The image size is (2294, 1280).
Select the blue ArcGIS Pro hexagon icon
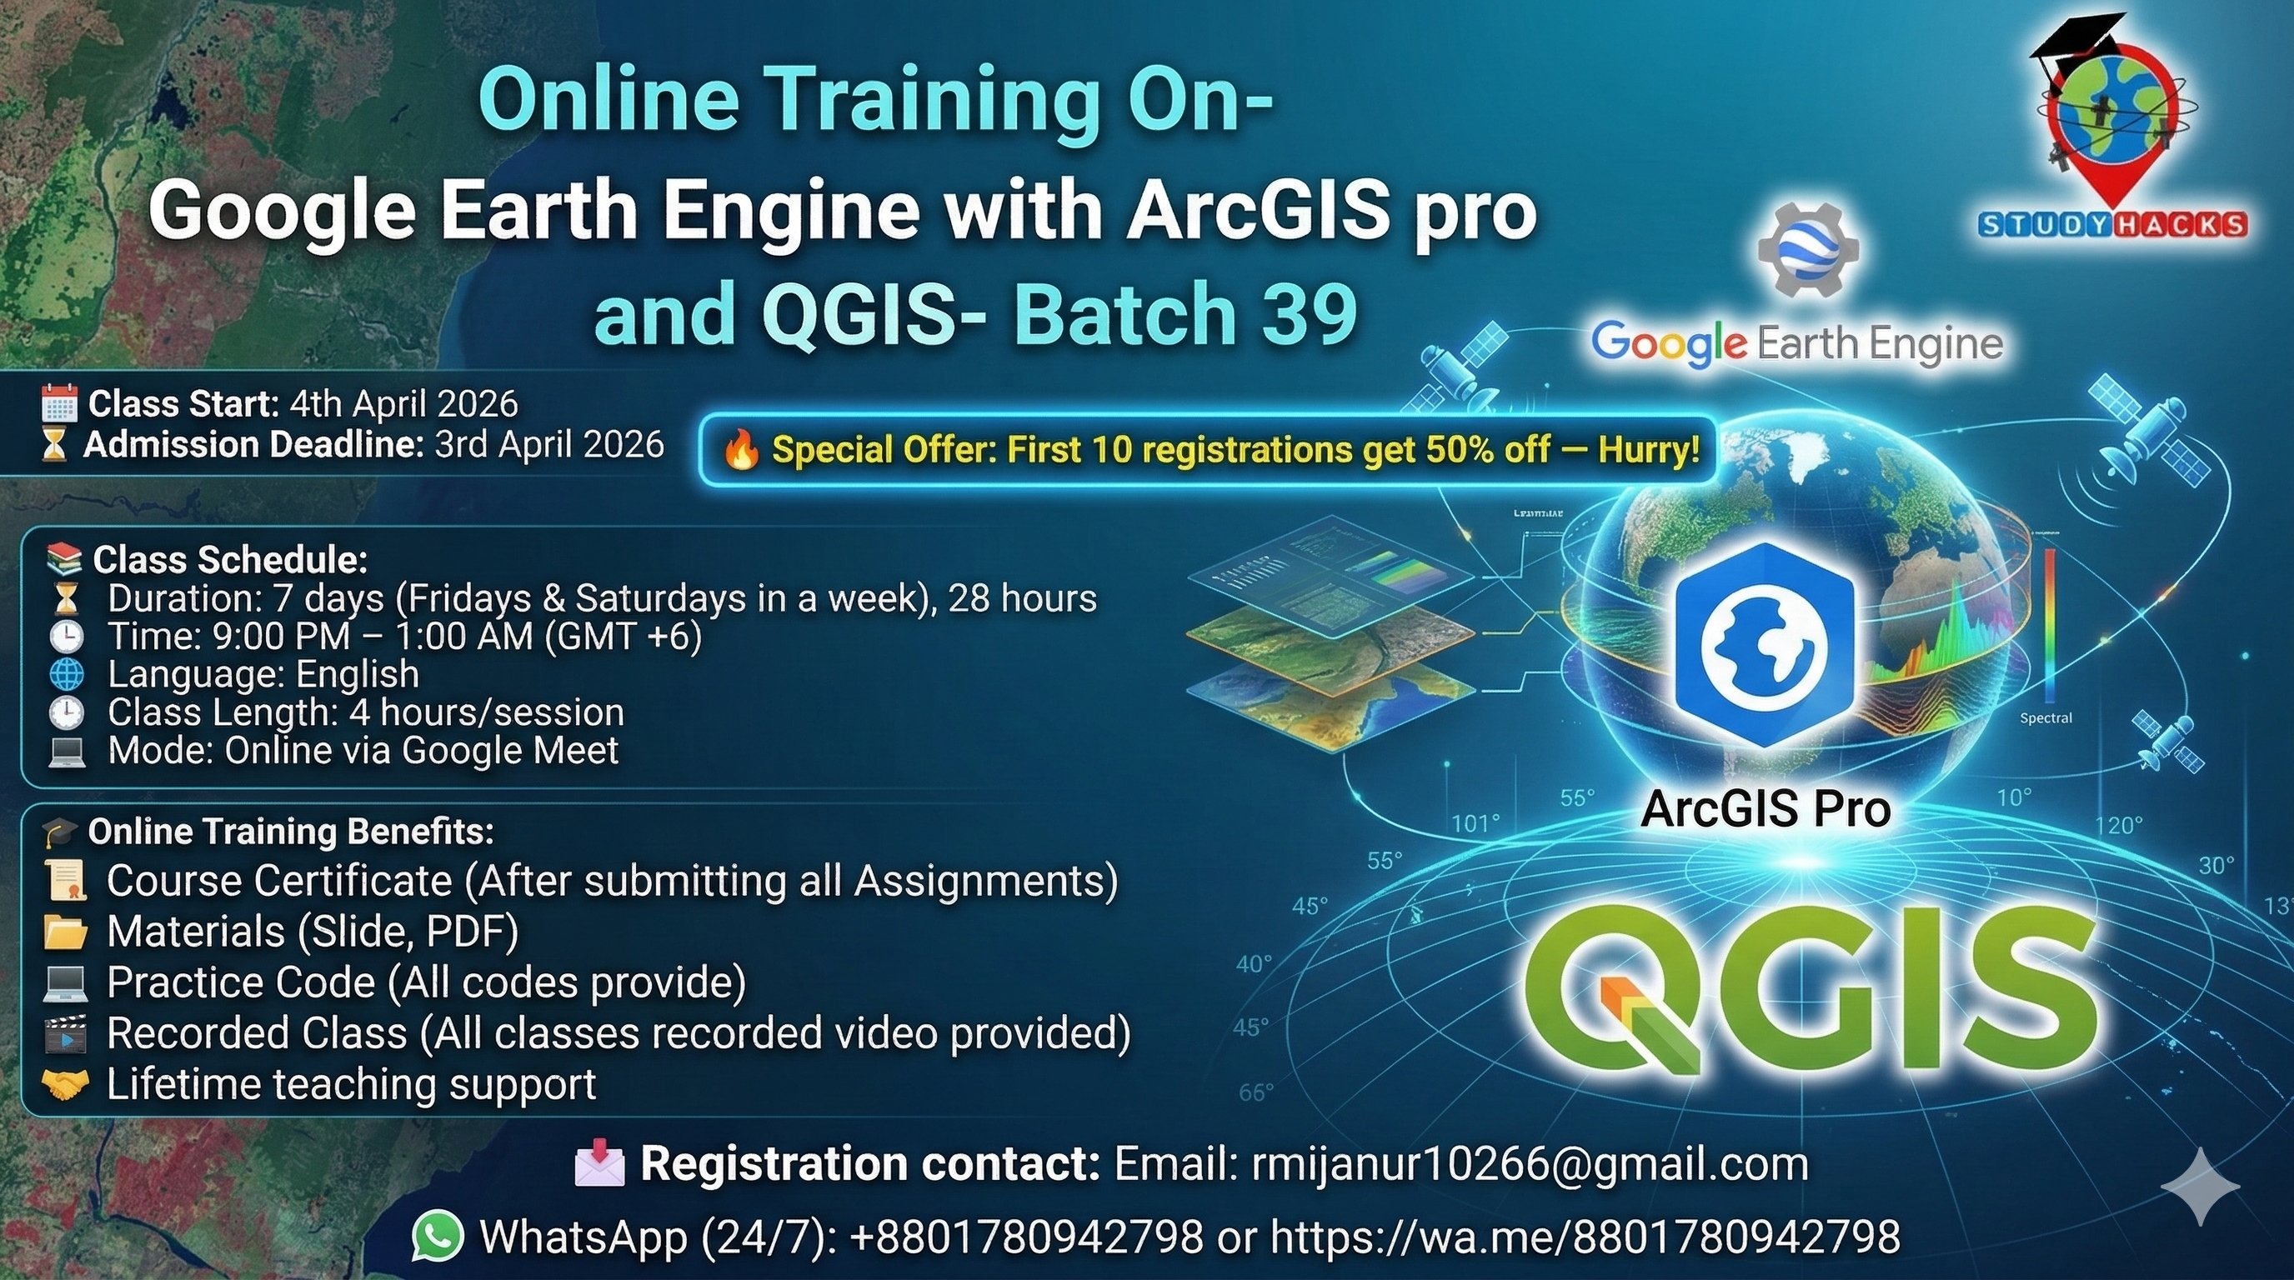(x=1764, y=644)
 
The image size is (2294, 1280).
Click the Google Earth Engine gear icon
(x=1808, y=249)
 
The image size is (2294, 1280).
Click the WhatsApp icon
(x=438, y=1236)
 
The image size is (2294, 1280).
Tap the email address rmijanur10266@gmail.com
(x=1530, y=1163)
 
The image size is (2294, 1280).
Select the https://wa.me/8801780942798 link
(x=1585, y=1237)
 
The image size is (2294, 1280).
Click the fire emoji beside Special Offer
(x=741, y=449)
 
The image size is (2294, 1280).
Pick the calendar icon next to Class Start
(x=60, y=403)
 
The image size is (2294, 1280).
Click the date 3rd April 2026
(x=549, y=444)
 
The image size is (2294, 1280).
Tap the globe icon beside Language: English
(x=66, y=675)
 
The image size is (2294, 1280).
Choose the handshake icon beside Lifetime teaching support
(x=65, y=1083)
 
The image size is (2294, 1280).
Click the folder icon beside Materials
(x=65, y=932)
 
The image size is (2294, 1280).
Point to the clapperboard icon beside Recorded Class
(x=65, y=1033)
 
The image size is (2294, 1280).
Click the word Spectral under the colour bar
(x=2046, y=717)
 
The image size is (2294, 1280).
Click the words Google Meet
(x=509, y=750)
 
